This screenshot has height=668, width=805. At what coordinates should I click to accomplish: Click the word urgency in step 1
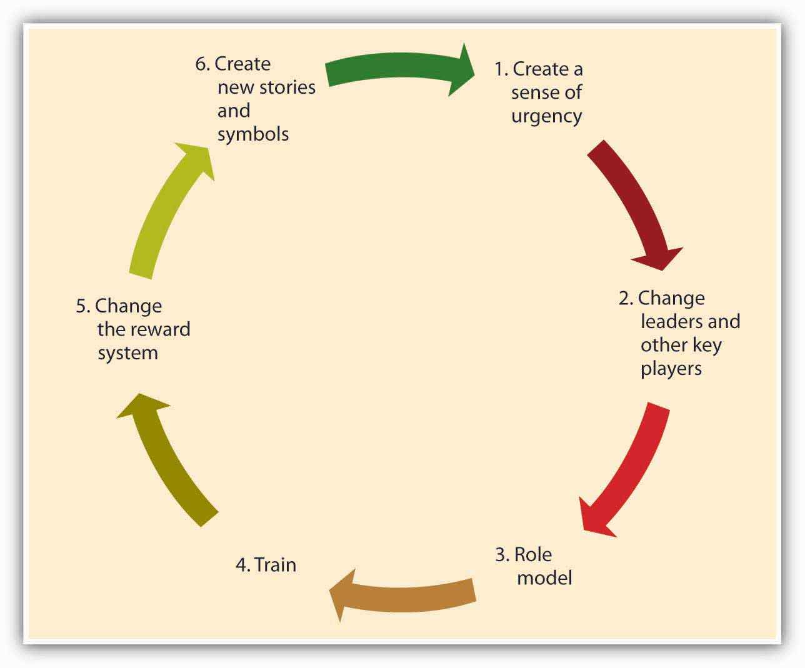coord(547,116)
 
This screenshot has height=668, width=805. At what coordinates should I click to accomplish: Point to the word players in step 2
coord(671,369)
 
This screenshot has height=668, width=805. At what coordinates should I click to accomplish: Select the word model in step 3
coord(544,577)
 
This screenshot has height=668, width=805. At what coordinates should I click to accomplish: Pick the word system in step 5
coord(127,353)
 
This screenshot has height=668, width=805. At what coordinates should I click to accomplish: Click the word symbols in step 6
coord(253,134)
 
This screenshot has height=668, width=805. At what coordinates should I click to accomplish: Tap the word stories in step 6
coord(287,87)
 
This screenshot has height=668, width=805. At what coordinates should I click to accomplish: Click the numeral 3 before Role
coord(500,554)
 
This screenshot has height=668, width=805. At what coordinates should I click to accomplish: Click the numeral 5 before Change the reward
coord(81,306)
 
